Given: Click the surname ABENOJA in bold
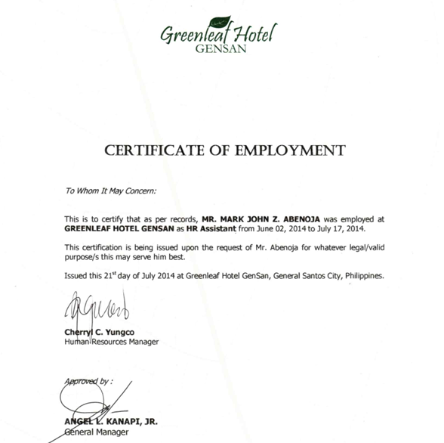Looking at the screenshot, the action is pyautogui.click(x=308, y=218).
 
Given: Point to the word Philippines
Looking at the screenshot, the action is pyautogui.click(x=365, y=276).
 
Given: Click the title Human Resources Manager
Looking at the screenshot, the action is pyautogui.click(x=111, y=342).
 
